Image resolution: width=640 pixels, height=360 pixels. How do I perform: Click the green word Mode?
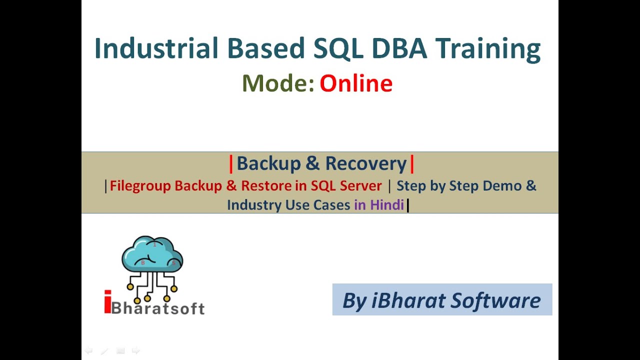pyautogui.click(x=278, y=83)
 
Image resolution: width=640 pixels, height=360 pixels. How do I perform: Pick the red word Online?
pyautogui.click(x=356, y=83)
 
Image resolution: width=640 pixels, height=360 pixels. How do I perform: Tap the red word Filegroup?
pyautogui.click(x=140, y=186)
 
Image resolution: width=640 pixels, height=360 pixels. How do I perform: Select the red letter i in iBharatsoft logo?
pyautogui.click(x=107, y=302)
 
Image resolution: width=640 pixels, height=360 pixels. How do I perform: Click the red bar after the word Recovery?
pyautogui.click(x=412, y=163)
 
